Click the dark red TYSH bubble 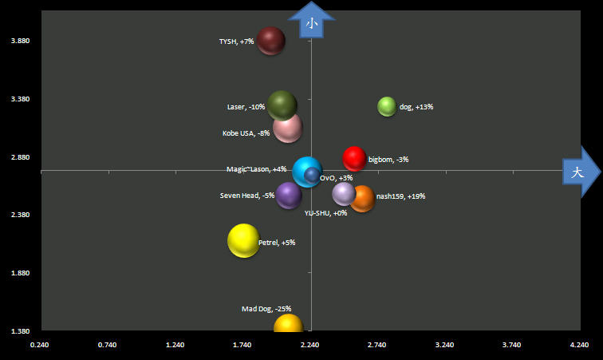point(271,40)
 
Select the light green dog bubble point(387,106)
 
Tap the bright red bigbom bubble point(354,159)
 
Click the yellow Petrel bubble point(243,240)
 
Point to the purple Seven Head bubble point(288,196)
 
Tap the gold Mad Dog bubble point(289,324)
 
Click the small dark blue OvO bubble point(311,175)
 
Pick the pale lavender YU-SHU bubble point(344,193)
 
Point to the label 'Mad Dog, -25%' point(266,309)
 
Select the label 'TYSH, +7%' point(236,42)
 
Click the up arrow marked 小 point(312,21)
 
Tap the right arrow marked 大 point(580,172)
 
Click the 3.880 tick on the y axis point(18,41)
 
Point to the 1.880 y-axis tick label point(18,273)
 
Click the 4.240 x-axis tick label point(579,345)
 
